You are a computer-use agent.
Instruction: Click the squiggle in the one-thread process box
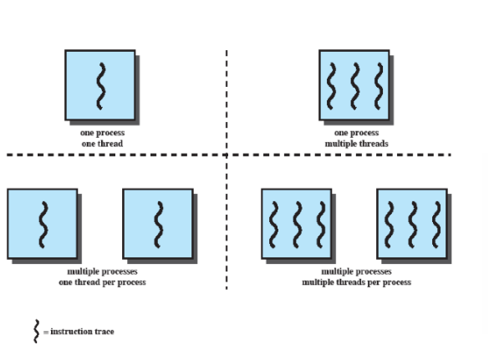[101, 86]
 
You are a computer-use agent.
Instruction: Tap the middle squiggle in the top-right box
[355, 86]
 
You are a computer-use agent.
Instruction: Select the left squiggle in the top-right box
[331, 86]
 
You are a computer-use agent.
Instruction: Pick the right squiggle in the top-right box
[379, 86]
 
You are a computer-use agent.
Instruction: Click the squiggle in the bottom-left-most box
[43, 225]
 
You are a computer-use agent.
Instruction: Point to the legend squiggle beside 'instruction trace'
[37, 332]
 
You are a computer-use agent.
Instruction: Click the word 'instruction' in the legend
[71, 332]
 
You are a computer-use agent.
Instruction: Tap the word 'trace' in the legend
[104, 332]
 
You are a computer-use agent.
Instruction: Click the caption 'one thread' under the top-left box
[102, 144]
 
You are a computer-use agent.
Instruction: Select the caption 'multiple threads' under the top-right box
[356, 144]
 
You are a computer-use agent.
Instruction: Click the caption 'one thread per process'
[102, 282]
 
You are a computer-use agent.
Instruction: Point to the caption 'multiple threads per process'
[356, 282]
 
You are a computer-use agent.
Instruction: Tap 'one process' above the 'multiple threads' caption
[356, 133]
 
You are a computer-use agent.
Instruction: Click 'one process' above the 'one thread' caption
[102, 133]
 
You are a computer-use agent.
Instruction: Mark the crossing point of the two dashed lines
[227, 155]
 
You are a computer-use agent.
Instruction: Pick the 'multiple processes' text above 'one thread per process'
[102, 271]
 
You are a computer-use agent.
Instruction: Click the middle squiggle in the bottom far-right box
[413, 225]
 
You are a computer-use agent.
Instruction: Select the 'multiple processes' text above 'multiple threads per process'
[356, 271]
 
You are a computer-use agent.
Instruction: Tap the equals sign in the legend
[46, 332]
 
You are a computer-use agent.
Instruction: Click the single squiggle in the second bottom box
[159, 225]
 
